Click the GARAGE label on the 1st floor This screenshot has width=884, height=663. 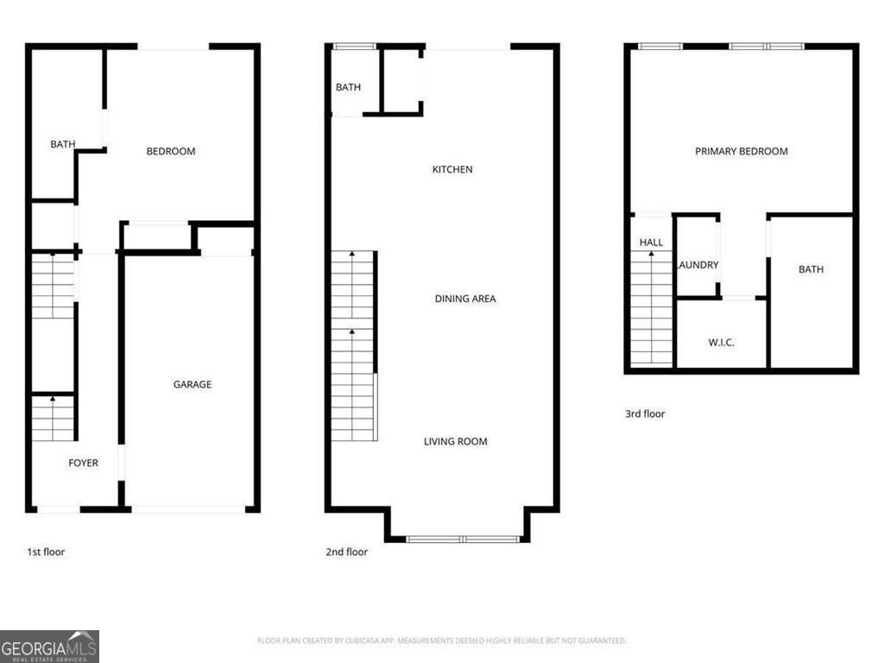[192, 384]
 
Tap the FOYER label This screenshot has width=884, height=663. [84, 463]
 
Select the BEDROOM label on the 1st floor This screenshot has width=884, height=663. [171, 151]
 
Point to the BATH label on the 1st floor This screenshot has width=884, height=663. [62, 144]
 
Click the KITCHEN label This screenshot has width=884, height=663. [452, 169]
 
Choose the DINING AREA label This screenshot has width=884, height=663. [465, 299]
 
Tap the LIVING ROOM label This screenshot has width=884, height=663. [455, 441]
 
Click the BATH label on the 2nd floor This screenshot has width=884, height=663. [348, 87]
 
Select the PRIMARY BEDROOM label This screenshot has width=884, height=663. [742, 151]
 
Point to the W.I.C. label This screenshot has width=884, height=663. [721, 343]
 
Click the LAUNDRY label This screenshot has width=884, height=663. [698, 265]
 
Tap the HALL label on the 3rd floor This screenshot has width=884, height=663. [651, 243]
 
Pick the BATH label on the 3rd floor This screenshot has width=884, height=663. [811, 269]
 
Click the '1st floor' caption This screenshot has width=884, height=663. [46, 552]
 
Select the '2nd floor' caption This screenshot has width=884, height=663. [346, 552]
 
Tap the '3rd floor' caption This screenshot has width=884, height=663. [645, 414]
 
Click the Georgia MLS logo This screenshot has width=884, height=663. [49, 646]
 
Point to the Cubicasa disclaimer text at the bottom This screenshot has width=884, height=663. [441, 641]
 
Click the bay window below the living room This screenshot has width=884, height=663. [463, 539]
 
